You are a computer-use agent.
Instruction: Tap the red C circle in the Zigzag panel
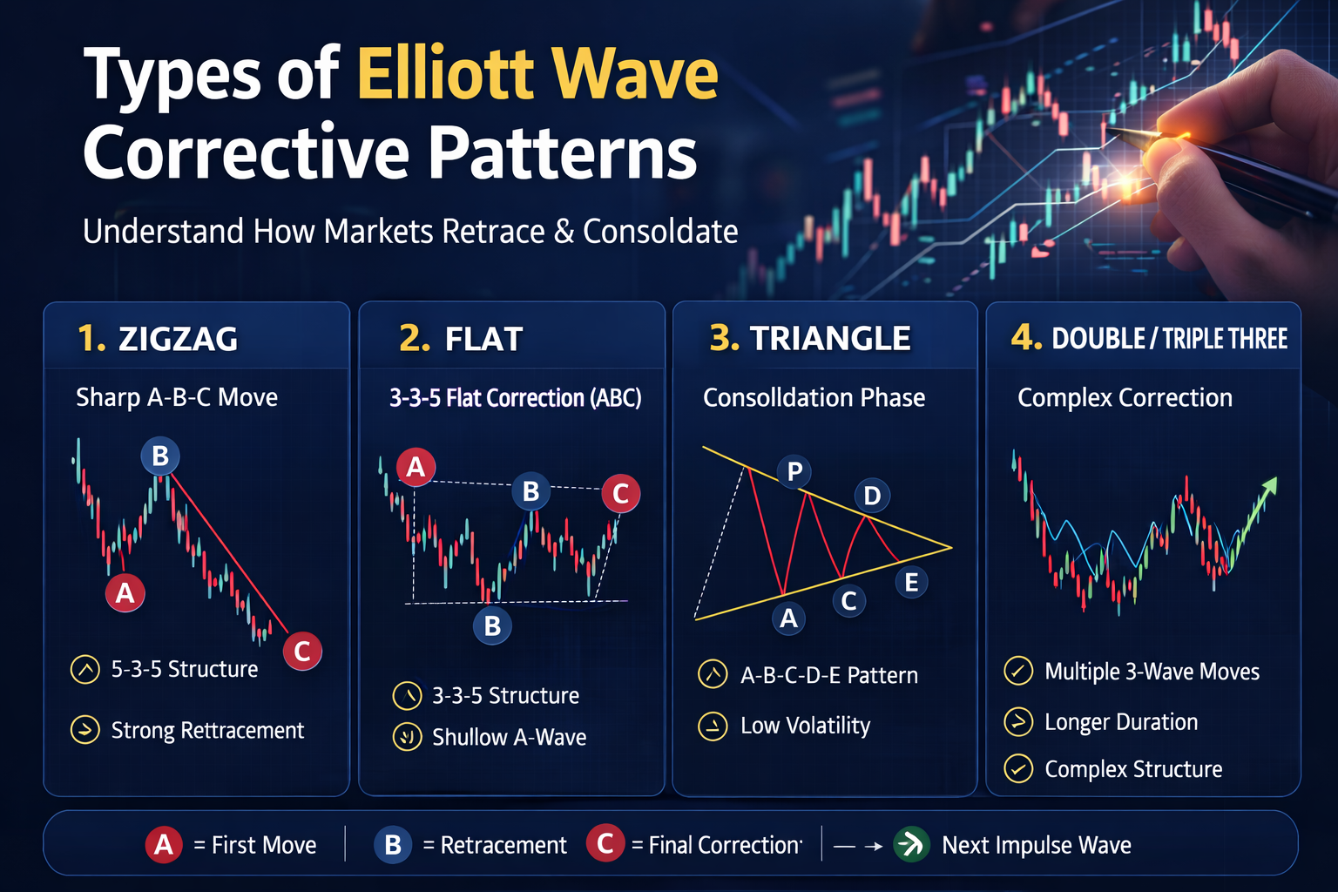coord(302,651)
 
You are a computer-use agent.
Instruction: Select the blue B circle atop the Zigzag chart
coord(160,456)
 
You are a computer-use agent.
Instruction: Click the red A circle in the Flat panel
coord(416,467)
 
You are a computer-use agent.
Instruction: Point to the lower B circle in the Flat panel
coord(492,625)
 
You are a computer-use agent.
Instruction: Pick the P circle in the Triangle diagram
coord(794,471)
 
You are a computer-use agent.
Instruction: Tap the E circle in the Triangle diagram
coord(911,582)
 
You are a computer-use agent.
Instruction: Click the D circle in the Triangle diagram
coord(872,496)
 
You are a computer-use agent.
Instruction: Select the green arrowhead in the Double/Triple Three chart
coord(1270,486)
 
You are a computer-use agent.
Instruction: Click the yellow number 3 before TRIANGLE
coord(723,338)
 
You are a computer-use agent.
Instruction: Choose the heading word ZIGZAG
coord(178,339)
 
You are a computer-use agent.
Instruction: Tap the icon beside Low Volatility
coord(713,726)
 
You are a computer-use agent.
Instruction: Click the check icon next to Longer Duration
coord(1018,721)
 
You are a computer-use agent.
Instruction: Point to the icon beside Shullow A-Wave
coord(408,737)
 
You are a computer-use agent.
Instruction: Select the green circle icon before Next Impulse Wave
coord(911,845)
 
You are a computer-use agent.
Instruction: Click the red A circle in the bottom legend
coord(164,845)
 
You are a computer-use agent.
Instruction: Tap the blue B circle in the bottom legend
coord(393,845)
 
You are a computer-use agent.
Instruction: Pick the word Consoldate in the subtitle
coord(660,231)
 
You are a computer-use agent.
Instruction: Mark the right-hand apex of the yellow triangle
coord(951,547)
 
